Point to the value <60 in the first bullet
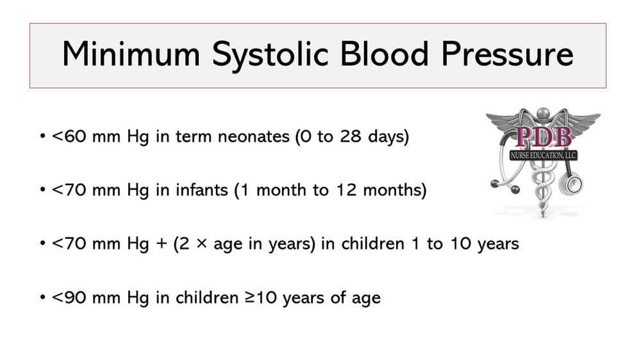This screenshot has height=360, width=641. click(x=66, y=138)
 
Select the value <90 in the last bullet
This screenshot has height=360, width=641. click(x=66, y=298)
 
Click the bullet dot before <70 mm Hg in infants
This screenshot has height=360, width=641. click(x=42, y=192)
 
